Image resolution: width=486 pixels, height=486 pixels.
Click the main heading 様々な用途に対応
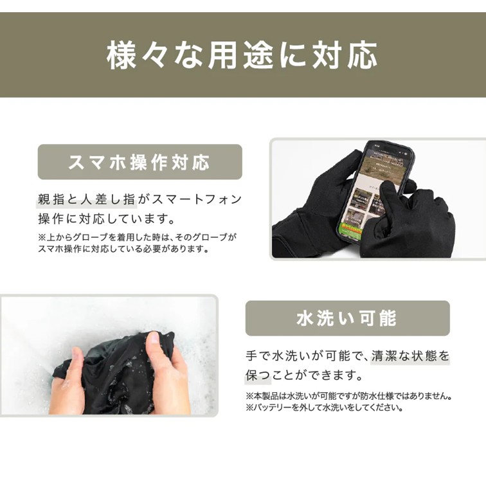tap(242, 56)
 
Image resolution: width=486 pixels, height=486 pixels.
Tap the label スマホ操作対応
tap(139, 162)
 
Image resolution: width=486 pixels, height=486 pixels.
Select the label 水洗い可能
tap(347, 318)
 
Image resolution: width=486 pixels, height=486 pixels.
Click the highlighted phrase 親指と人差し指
tap(87, 199)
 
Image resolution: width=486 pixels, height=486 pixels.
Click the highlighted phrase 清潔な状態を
tap(410, 356)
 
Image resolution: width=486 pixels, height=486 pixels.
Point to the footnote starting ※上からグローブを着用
tap(137, 237)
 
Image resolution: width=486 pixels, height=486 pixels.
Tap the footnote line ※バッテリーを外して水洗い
tap(324, 408)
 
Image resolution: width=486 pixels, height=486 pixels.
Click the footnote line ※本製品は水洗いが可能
tap(348, 396)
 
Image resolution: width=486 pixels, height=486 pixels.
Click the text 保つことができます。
tap(304, 375)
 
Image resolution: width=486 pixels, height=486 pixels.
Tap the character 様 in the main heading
tap(122, 56)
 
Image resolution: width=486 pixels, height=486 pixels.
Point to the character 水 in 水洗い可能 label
tap(305, 318)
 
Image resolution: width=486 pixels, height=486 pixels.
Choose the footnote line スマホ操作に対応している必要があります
tap(123, 249)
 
